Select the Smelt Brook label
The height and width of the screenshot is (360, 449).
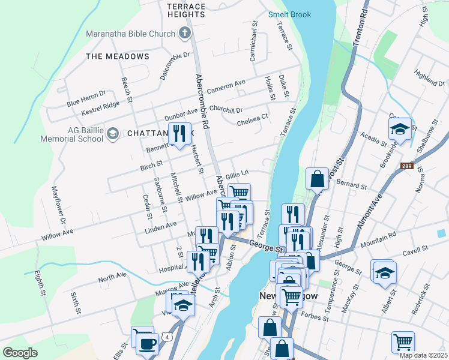click(289, 14)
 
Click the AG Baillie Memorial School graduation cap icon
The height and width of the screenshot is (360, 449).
click(112, 134)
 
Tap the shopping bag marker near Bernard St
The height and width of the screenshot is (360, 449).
click(316, 178)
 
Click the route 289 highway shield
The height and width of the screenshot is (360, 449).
click(407, 166)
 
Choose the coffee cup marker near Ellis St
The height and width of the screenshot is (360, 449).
click(147, 344)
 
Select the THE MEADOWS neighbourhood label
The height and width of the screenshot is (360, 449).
click(118, 56)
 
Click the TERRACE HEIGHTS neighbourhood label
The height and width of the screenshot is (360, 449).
click(186, 10)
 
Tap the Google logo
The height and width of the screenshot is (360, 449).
click(20, 353)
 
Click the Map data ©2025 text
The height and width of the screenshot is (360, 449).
click(423, 355)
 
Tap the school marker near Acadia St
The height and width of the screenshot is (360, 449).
click(399, 128)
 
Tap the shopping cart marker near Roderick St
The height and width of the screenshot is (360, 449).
click(403, 342)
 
